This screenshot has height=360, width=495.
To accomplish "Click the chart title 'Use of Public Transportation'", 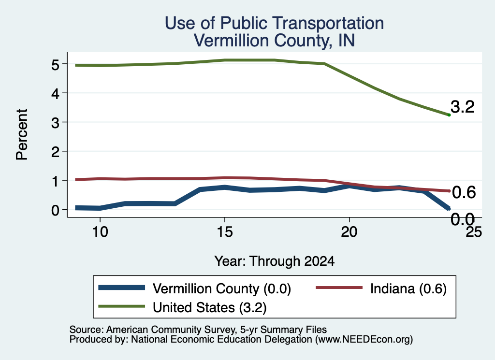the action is point(275,23).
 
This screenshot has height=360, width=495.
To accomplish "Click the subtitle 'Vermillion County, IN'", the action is point(275,41).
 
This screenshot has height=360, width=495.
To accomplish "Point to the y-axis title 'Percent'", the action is point(22,134).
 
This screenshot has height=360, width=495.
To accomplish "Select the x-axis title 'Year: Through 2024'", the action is point(275,261).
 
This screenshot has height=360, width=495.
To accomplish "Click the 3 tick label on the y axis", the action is point(55,122).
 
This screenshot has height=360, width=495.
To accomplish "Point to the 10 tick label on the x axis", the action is point(100,232).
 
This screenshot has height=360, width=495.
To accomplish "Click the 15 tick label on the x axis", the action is point(225,232).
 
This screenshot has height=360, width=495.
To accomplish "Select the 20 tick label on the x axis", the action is point(349,232).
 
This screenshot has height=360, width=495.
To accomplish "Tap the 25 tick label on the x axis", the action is point(474,232).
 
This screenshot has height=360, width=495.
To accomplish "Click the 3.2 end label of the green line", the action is point(463,107).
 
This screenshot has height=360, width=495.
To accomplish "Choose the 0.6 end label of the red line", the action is point(464,192).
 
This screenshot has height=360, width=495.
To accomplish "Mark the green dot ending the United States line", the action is point(449,115).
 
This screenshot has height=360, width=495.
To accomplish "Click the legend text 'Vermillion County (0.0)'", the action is point(221,288).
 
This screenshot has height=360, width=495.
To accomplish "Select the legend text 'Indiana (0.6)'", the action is point(408,288).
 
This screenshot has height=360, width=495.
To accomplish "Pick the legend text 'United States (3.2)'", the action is point(210,307).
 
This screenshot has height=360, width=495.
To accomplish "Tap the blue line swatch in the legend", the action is point(121,288).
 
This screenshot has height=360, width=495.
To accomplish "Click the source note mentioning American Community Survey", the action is point(198,330).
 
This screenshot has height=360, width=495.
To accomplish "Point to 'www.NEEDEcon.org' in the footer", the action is point(364,339).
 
